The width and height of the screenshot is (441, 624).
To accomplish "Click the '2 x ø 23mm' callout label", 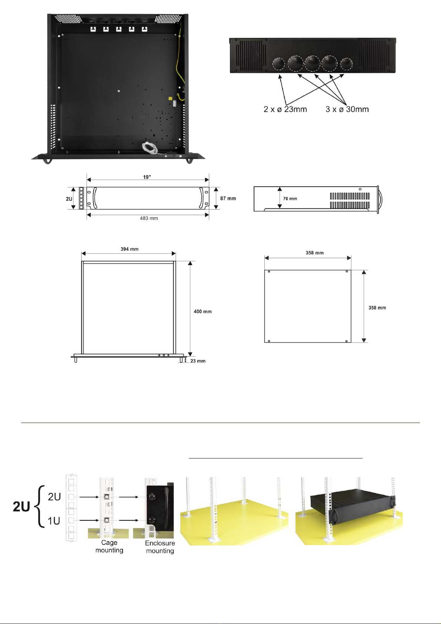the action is (285, 109).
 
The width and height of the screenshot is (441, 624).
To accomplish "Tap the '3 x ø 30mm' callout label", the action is (347, 109).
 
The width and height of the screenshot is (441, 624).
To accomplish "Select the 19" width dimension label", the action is (147, 177).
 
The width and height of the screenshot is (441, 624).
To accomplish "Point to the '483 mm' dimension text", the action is (149, 218).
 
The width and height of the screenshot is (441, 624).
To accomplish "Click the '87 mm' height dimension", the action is (228, 198).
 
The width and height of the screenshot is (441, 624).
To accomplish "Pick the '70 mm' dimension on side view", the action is (290, 199).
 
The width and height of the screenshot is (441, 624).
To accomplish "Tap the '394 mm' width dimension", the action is (130, 249).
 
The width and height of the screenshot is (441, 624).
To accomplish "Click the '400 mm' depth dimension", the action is (203, 311).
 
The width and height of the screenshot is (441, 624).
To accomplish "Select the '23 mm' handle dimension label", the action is (198, 361).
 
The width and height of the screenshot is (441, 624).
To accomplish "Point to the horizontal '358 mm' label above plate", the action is (314, 253).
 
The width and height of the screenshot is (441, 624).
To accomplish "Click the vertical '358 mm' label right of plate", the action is (377, 308).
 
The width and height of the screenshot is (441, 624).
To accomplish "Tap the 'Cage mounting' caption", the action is (109, 547).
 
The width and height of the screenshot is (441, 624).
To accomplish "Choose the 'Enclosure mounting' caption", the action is (160, 547).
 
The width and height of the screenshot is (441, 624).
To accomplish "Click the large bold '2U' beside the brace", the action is (21, 507).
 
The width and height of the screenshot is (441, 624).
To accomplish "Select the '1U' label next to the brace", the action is (54, 521).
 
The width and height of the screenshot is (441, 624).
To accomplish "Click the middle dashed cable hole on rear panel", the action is (313, 63).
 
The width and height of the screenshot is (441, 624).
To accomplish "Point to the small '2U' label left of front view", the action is (69, 199).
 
